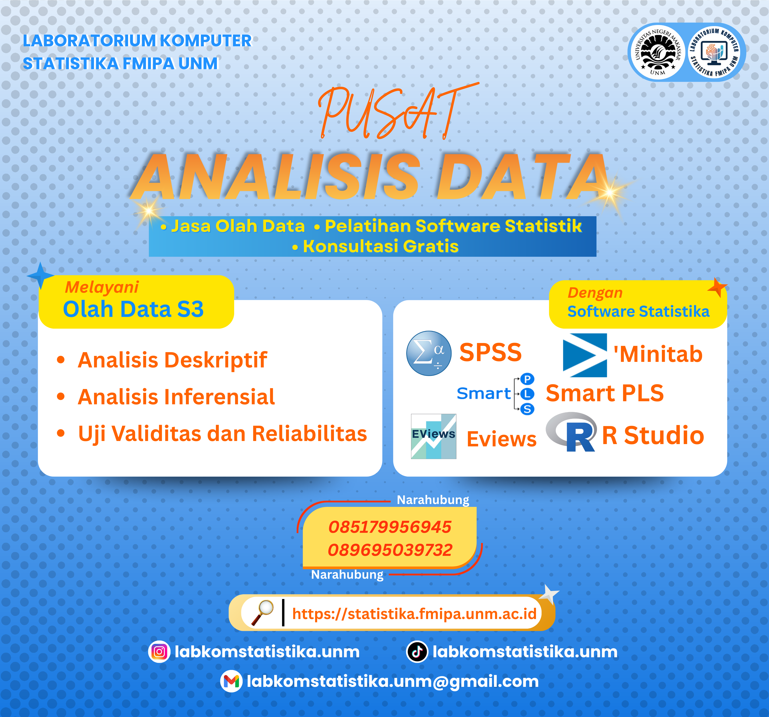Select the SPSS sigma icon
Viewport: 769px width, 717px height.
click(429, 353)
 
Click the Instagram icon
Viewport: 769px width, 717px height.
click(159, 652)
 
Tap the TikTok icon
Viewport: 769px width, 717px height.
click(417, 652)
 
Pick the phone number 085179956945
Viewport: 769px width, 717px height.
click(389, 527)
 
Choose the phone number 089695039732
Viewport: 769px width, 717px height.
click(389, 550)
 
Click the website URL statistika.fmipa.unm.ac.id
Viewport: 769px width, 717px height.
click(414, 613)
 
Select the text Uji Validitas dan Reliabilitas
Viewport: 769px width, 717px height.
click(222, 434)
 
